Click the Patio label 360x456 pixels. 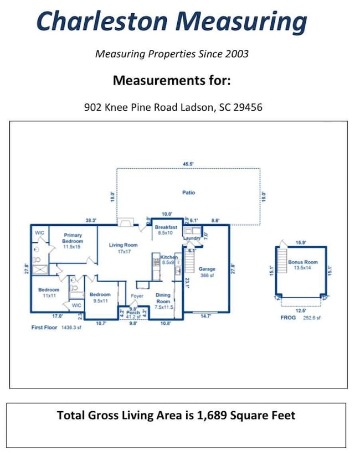pyautogui.click(x=188, y=193)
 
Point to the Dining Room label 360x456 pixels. pyautogui.click(x=163, y=298)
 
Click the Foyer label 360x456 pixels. pyautogui.click(x=137, y=296)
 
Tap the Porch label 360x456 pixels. pyautogui.click(x=133, y=313)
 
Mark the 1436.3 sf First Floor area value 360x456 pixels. pyautogui.click(x=70, y=328)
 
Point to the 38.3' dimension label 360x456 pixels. pyautogui.click(x=90, y=220)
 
